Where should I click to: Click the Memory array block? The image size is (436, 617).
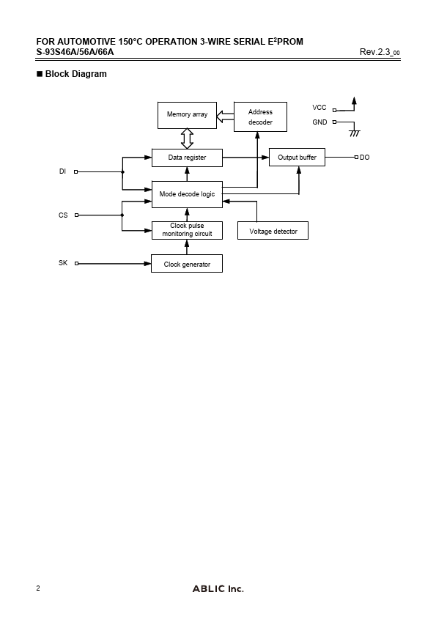tap(187, 115)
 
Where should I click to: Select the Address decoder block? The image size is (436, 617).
tap(260, 117)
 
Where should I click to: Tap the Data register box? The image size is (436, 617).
tap(187, 158)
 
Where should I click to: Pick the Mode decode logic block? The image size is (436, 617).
tap(187, 194)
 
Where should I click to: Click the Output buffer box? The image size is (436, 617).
tap(297, 158)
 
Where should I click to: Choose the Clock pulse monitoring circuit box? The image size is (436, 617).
tap(187, 230)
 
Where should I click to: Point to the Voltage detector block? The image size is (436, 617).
tap(273, 231)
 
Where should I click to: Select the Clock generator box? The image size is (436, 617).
tap(187, 264)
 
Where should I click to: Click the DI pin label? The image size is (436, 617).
tap(62, 171)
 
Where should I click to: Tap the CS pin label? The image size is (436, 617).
tap(63, 215)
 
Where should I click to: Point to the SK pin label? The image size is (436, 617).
tap(63, 263)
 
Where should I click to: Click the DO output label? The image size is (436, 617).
tap(365, 158)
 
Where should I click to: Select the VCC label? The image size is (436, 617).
tap(319, 108)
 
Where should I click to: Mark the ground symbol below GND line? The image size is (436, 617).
tap(355, 133)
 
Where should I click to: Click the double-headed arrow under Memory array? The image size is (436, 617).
tap(187, 138)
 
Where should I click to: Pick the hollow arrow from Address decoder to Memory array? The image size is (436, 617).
tap(225, 117)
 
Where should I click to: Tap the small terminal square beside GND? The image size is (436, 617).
tap(334, 122)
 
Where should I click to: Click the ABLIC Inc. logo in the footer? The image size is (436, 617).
tap(218, 588)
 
